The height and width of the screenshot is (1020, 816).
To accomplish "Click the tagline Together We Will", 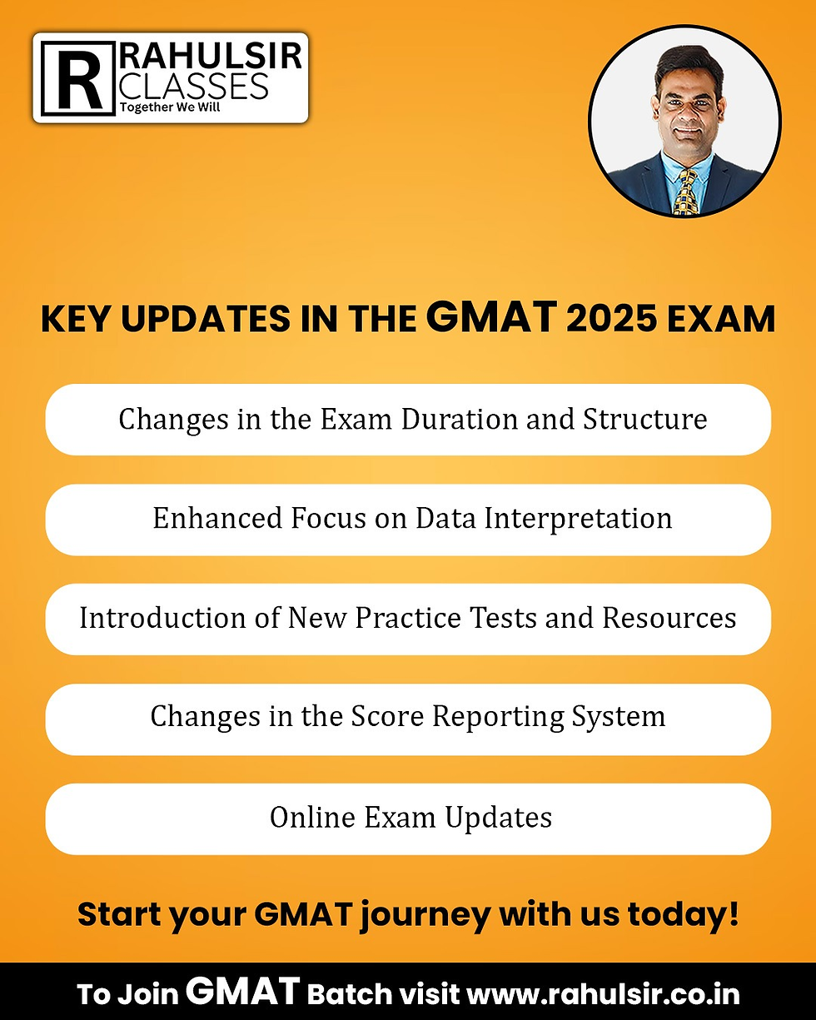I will coord(171,107).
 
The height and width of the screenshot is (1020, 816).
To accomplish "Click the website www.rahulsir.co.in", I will coord(602,994).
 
